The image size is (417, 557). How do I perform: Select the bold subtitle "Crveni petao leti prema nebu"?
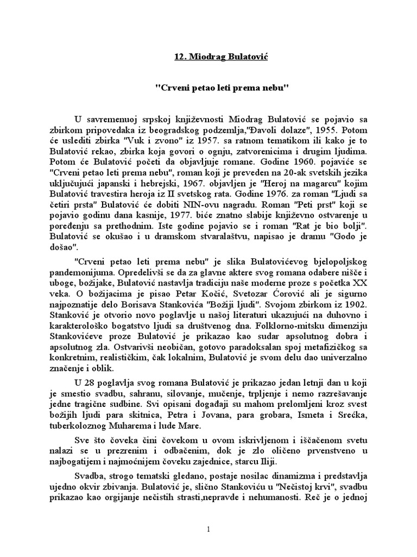pos(208,88)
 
